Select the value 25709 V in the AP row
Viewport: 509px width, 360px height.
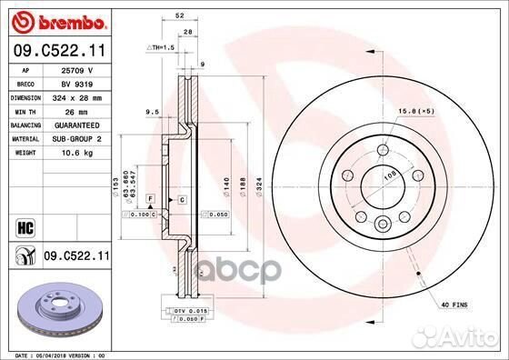[x=75, y=69]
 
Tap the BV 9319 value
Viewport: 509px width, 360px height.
[x=75, y=83]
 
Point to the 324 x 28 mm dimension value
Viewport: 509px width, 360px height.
[x=80, y=96]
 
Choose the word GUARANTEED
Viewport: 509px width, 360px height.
[x=81, y=124]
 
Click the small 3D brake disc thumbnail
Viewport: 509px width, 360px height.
[x=56, y=308]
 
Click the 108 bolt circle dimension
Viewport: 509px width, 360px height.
[x=391, y=175]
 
